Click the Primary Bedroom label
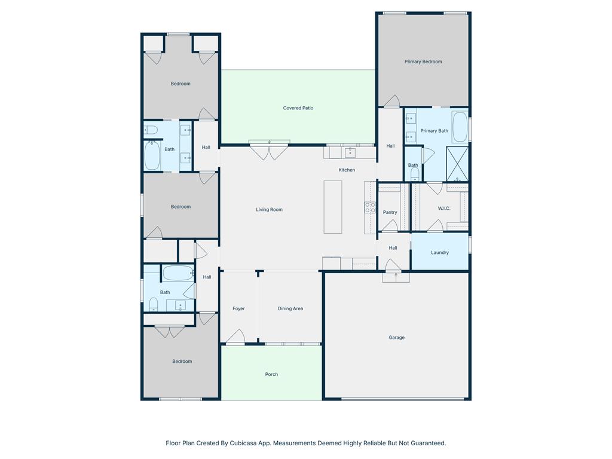[423, 62]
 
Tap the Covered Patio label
[298, 108]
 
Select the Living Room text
[270, 210]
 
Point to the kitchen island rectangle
[333, 207]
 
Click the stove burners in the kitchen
[370, 207]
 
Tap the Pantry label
[390, 212]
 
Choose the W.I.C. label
[444, 209]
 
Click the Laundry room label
[440, 253]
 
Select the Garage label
[397, 338]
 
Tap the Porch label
[272, 374]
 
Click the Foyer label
[238, 308]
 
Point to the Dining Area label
[290, 308]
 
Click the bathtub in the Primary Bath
[460, 127]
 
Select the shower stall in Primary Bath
[457, 164]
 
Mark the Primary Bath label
[434, 131]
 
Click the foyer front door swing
[235, 337]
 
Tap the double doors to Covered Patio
[270, 151]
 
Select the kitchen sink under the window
[350, 152]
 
